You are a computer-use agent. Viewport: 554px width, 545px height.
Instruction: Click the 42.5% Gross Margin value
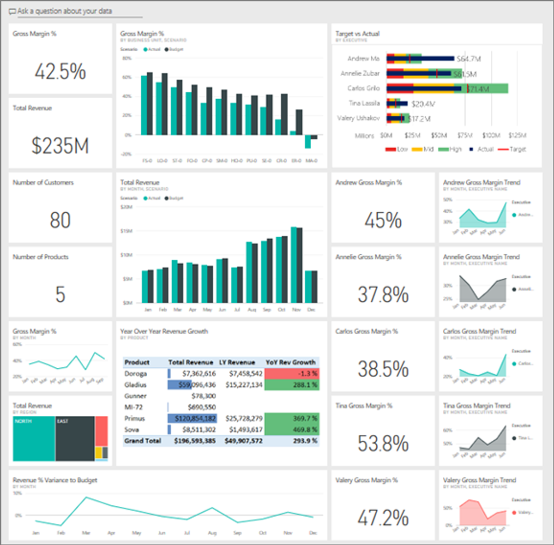point(60,72)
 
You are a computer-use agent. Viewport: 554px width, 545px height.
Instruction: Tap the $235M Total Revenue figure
point(60,146)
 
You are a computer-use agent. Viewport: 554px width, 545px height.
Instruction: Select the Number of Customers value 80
point(60,220)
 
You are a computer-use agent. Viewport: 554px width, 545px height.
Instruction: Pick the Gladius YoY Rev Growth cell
point(291,385)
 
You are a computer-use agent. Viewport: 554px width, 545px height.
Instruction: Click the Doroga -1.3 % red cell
point(291,373)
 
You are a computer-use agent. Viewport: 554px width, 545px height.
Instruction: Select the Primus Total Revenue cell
point(192,419)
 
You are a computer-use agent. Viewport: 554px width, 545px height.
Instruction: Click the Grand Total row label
point(142,441)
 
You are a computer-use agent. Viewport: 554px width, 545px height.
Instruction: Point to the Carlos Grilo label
point(363,88)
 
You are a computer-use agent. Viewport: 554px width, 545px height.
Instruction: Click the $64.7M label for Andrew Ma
point(469,59)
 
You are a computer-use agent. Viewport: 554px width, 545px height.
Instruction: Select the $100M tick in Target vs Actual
point(491,135)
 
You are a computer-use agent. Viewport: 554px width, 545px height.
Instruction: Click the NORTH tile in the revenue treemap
point(34,438)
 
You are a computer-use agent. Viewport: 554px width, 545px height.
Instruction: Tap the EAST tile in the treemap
point(75,438)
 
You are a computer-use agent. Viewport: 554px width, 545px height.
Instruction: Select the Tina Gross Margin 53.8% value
point(383,443)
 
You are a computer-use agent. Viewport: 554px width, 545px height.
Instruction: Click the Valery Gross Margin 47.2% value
point(383,518)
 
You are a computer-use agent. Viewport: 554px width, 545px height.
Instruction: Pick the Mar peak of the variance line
point(86,497)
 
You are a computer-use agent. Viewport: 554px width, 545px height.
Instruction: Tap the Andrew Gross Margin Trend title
point(482,182)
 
